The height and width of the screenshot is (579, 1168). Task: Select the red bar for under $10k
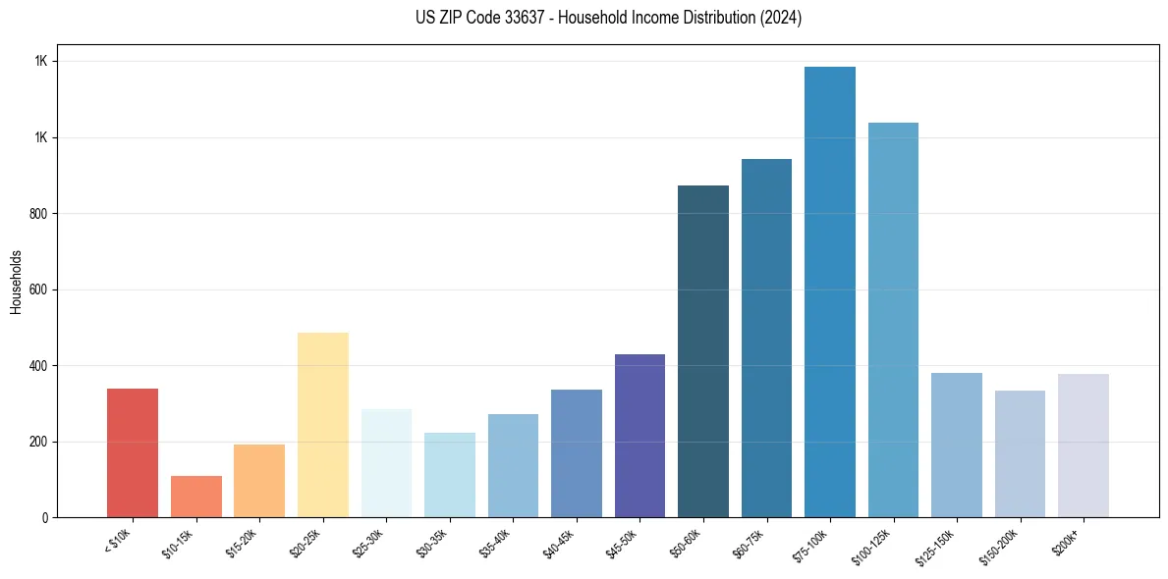pyautogui.click(x=133, y=452)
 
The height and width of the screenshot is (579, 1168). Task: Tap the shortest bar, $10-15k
pyautogui.click(x=196, y=496)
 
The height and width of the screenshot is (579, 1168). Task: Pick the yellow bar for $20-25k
pyautogui.click(x=323, y=424)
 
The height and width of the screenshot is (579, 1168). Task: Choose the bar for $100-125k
pyautogui.click(x=893, y=319)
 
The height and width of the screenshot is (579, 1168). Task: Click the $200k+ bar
pyautogui.click(x=1084, y=445)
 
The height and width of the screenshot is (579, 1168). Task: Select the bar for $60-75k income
pyautogui.click(x=766, y=338)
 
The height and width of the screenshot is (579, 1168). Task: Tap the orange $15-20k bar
pyautogui.click(x=259, y=480)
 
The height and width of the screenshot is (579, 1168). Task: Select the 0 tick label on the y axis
pyautogui.click(x=44, y=517)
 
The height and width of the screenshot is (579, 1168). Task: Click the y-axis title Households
pyautogui.click(x=17, y=281)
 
